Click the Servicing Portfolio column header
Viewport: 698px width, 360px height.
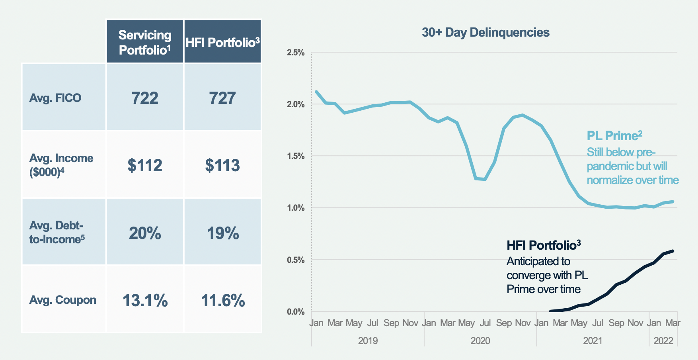(145, 42)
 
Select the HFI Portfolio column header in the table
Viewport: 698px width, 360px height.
(222, 42)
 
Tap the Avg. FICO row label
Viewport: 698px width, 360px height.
(55, 98)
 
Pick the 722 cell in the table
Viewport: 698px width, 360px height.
(145, 98)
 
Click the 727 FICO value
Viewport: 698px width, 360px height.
(222, 98)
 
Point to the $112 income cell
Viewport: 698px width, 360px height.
(145, 165)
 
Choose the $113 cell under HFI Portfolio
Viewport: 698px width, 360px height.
(222, 165)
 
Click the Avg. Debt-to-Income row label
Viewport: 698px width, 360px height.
(57, 232)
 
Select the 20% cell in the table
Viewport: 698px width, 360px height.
(145, 233)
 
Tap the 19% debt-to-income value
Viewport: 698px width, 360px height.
(222, 233)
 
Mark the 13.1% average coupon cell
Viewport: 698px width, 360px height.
(145, 300)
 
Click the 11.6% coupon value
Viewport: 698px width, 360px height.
(222, 300)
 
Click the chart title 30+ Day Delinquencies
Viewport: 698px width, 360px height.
(485, 32)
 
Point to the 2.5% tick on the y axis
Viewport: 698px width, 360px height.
(295, 53)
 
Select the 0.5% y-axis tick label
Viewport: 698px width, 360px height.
(295, 260)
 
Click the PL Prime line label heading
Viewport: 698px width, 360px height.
(614, 136)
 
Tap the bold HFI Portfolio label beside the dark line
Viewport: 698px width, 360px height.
(544, 245)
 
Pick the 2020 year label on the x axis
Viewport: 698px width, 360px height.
(480, 341)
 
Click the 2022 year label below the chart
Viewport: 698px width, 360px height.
(663, 341)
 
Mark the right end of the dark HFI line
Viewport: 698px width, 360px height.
(673, 251)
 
